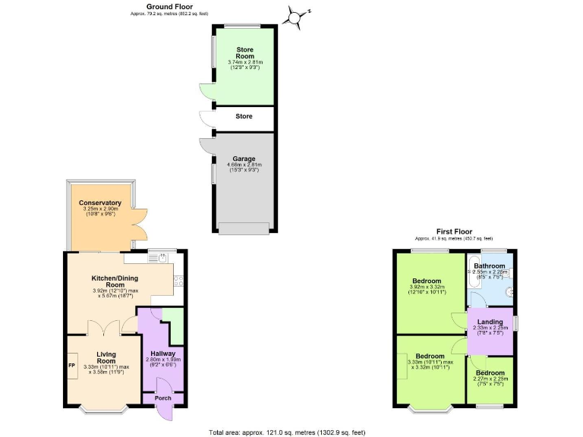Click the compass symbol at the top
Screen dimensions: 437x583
297,16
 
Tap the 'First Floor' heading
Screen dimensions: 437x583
454,231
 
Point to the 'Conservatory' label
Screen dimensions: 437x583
100,203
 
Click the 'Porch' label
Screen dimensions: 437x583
163,398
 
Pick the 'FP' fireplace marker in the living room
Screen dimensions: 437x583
72,366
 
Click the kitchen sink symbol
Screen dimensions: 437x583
158,258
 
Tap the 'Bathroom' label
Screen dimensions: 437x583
490,266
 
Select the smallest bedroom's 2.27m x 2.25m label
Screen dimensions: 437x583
490,381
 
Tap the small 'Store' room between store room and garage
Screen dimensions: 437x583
244,117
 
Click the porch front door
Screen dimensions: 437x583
162,413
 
